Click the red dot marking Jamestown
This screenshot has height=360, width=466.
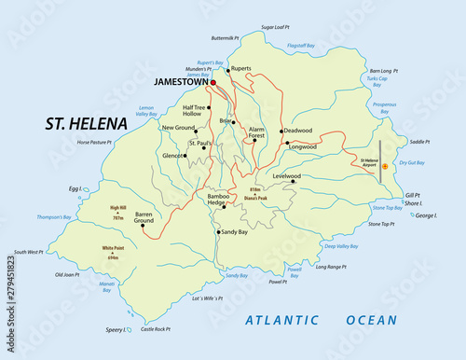(213, 83)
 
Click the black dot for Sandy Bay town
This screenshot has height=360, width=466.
(218, 231)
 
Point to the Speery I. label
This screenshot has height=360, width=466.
(116, 329)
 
